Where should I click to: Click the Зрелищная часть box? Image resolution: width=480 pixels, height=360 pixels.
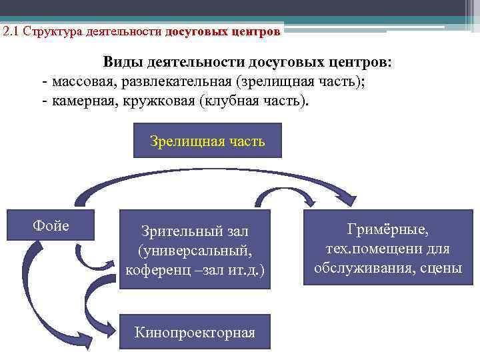pos(207,141)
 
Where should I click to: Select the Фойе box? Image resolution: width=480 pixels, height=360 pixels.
pos(51,225)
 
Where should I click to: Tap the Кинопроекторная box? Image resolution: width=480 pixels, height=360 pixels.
pos(195,332)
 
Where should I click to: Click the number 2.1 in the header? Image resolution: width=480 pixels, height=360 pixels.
pos(11,31)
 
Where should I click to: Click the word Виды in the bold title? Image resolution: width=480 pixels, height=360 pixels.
pos(122,62)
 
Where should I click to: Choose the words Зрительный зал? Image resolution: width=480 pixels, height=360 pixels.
pos(195,231)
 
